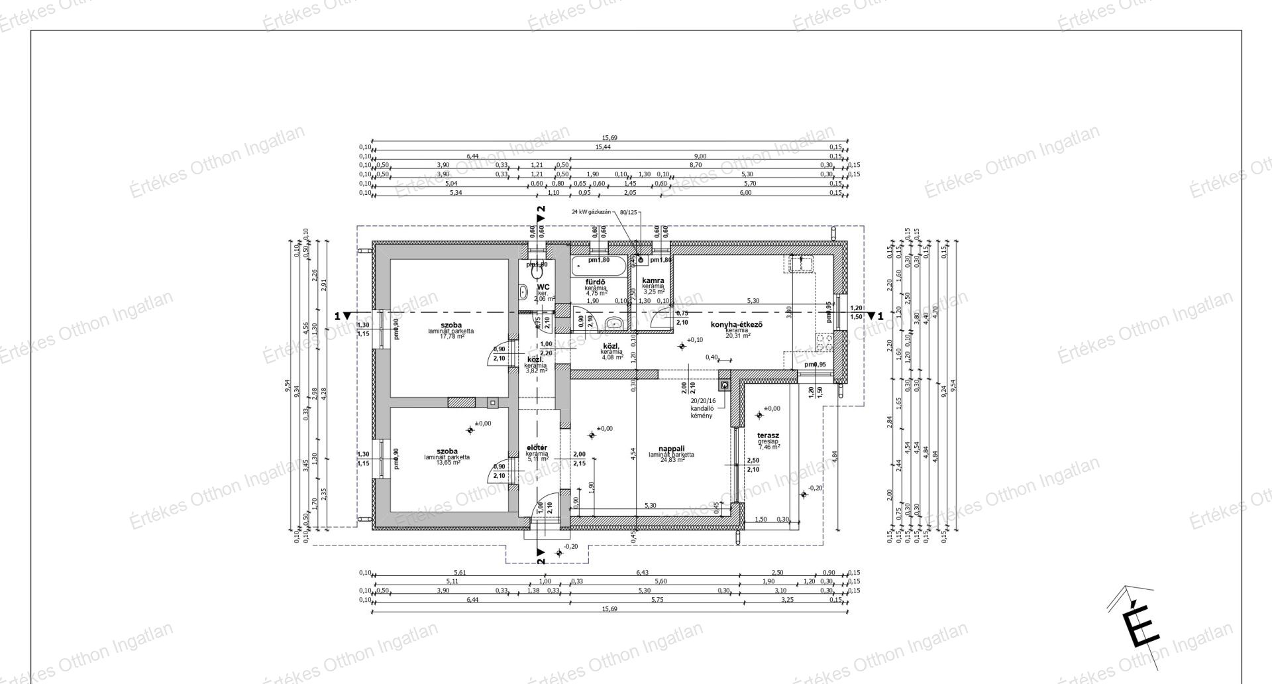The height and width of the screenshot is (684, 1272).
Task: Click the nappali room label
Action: [671, 448]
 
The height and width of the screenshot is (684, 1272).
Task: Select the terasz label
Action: [768, 435]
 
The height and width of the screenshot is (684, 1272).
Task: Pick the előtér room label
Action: [537, 448]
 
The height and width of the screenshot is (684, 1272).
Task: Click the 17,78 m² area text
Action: [452, 337]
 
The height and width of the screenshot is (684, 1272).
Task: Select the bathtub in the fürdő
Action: [598, 268]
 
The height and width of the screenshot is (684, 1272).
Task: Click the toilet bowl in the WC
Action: [537, 272]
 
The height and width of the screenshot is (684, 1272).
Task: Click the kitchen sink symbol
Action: [802, 262]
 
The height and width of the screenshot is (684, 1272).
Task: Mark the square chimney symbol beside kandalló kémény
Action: [725, 384]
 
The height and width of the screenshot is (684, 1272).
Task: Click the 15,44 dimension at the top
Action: [602, 147]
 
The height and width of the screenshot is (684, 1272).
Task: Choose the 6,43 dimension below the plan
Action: [642, 573]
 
